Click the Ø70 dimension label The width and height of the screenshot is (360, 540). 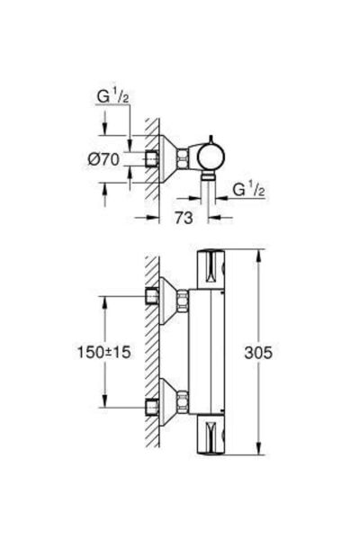[x=103, y=159]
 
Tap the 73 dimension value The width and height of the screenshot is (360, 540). [x=184, y=218]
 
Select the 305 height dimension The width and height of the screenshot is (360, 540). [x=258, y=352]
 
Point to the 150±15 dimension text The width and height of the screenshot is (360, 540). [x=103, y=352]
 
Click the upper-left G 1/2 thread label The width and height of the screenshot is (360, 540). [x=112, y=97]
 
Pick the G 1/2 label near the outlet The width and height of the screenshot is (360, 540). [x=248, y=190]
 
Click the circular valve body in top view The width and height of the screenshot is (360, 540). [x=211, y=157]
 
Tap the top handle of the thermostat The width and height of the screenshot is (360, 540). [x=211, y=269]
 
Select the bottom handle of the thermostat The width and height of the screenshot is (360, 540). [x=211, y=435]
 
